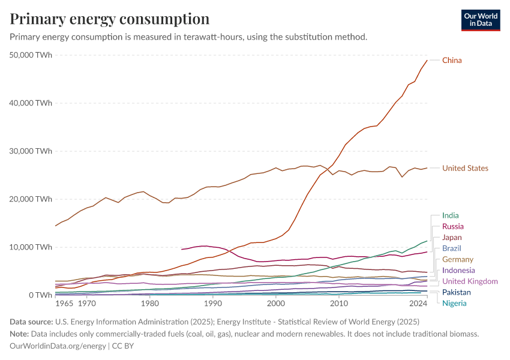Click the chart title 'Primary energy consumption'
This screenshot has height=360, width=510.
coord(110,19)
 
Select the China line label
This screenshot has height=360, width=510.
coord(452,61)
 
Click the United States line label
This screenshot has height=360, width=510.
coord(465,169)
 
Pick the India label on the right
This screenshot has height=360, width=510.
coord(451,215)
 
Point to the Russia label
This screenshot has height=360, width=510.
coord(452,227)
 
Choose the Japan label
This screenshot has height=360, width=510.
coord(452,238)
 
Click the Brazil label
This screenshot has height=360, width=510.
coord(452,248)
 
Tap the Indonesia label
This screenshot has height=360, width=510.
coord(458,271)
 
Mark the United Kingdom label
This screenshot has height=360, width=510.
coord(470,281)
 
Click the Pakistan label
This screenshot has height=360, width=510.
coord(456,292)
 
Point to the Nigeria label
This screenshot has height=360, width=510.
coord(454,303)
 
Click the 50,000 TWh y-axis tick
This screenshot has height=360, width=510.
coord(31,55)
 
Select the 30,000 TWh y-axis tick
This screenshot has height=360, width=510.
coord(31,151)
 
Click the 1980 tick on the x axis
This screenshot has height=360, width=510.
coord(150,304)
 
